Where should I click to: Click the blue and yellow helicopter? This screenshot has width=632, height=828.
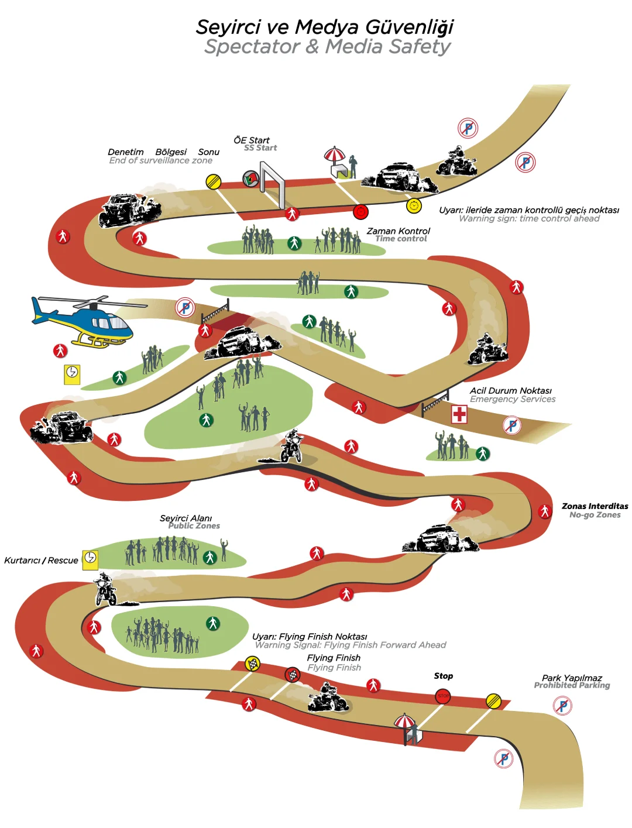coord(85,321)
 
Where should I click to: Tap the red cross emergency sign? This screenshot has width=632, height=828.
coord(459,414)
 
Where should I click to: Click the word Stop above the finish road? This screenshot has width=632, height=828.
coord(443,676)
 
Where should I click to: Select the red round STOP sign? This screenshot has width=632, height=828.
coord(443,696)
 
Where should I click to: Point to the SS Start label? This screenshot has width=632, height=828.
coord(260,148)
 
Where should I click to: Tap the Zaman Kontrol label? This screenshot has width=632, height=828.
coord(398,231)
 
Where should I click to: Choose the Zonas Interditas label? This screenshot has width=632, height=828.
coord(595,506)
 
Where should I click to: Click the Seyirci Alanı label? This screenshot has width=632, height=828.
coord(186,518)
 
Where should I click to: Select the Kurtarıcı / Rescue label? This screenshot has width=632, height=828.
coord(41,561)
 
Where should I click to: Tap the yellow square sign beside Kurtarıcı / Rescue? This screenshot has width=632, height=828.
coord(90,558)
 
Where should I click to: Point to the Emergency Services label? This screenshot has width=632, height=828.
coord(513,399)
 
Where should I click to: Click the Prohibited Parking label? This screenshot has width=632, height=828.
coord(572,685)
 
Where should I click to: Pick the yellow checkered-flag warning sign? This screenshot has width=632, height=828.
coord(252,664)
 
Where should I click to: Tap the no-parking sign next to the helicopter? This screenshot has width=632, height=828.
coord(186,307)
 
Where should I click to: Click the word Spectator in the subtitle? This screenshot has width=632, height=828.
coord(252,46)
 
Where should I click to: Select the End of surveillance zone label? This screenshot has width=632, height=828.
coord(160,160)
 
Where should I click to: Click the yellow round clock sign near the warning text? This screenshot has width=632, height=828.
coord(414,205)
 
